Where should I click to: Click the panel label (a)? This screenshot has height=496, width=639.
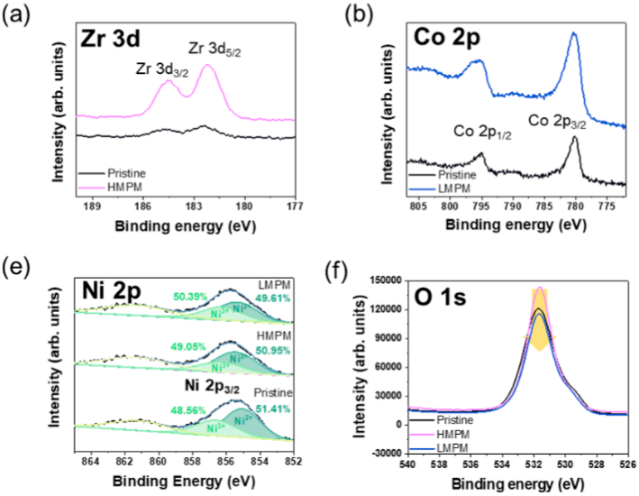click(x=15, y=13)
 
